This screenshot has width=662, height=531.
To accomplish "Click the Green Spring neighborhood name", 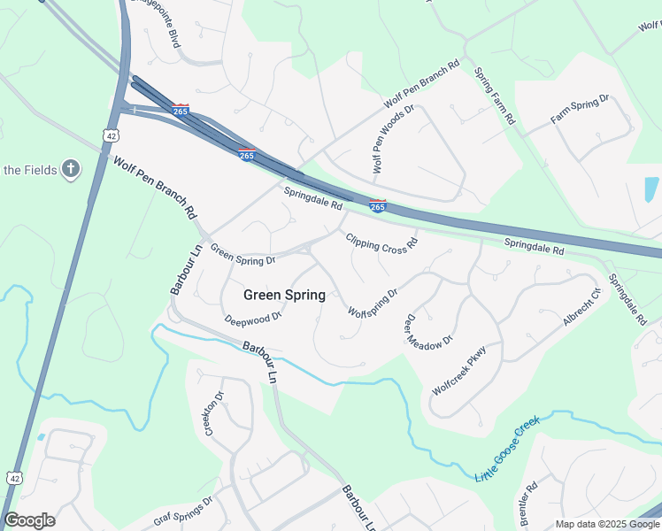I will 283,295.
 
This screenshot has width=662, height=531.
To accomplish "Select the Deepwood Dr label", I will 252,317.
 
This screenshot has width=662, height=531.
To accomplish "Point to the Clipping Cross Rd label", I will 381,243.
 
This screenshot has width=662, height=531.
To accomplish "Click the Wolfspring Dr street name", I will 373,301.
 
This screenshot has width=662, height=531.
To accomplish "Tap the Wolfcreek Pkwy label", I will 459,369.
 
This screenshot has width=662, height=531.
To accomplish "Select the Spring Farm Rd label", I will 494,96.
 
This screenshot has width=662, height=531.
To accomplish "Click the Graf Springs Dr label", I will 184,511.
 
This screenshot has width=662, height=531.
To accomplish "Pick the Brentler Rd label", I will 530,501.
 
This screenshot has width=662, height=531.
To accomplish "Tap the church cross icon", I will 71,170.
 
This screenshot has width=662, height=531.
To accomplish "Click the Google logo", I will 29,520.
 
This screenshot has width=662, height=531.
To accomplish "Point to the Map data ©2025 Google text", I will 606,524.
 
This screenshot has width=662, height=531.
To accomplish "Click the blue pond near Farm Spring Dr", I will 651,189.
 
